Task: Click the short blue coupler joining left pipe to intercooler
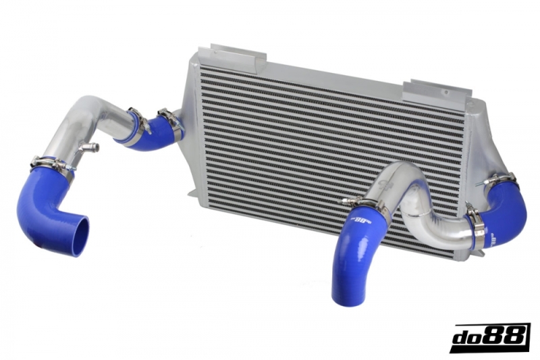coord(154,128)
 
